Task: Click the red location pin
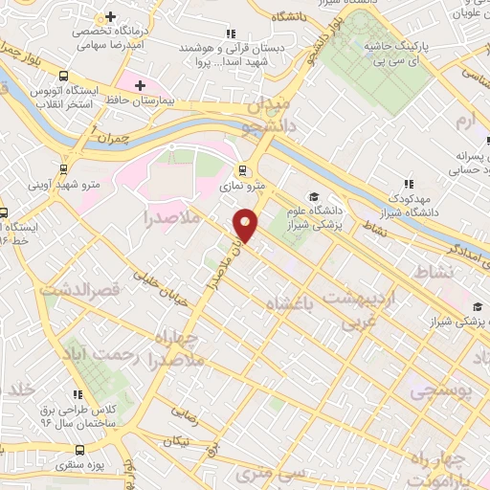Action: pos(247,225)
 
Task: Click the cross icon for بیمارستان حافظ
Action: pos(140,86)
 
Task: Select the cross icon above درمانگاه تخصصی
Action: pos(110,16)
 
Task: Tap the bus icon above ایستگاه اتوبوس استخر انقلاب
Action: pos(64,77)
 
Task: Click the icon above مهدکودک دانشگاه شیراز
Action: pos(408,184)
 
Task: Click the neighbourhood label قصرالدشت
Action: pos(85,288)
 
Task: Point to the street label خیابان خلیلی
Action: pos(152,278)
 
